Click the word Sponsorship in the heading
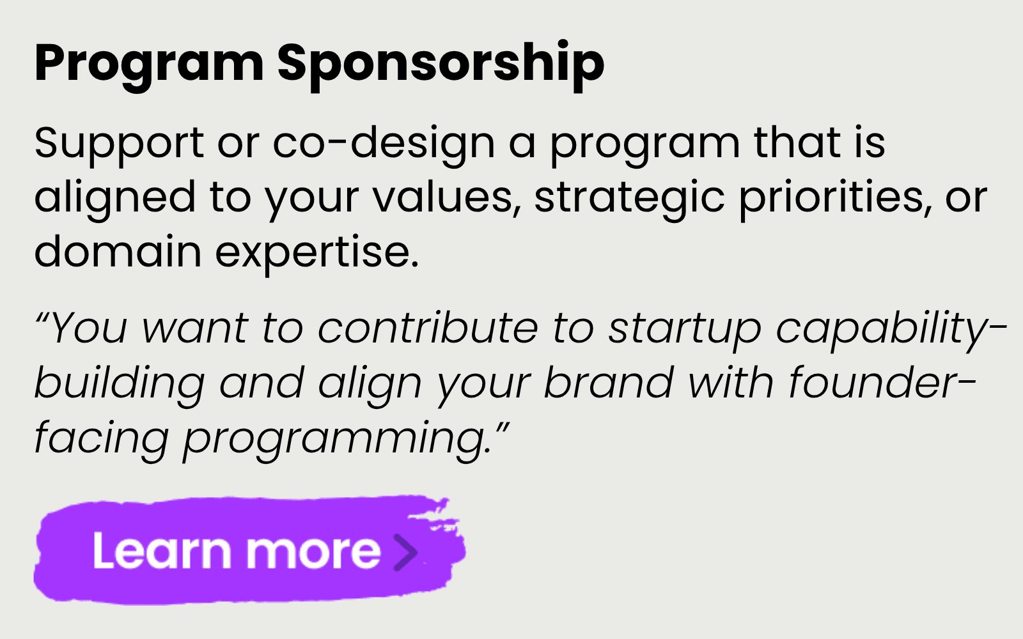pyautogui.click(x=441, y=64)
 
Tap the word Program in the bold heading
pyautogui.click(x=149, y=64)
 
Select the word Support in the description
pyautogui.click(x=119, y=143)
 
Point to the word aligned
pyautogui.click(x=115, y=198)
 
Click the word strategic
pyautogui.click(x=629, y=198)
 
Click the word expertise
pyautogui.click(x=316, y=253)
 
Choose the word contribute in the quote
pyautogui.click(x=428, y=328)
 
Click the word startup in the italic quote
pyautogui.click(x=685, y=330)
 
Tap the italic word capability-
pyautogui.click(x=891, y=330)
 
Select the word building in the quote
pyautogui.click(x=119, y=384)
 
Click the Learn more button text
pyautogui.click(x=237, y=551)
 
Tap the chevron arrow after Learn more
pyautogui.click(x=405, y=551)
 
